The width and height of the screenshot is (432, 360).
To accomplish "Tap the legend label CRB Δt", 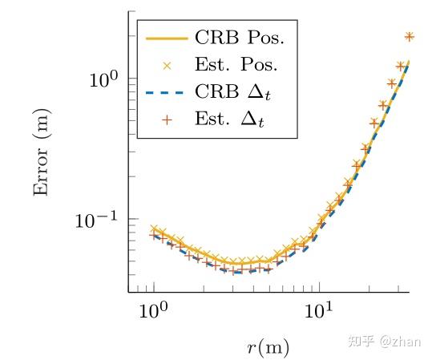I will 236,92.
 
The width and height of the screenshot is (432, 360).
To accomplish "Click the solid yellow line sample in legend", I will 166,38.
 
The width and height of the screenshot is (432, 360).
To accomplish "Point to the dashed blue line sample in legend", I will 166,92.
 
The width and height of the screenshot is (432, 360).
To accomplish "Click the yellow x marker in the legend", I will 166,65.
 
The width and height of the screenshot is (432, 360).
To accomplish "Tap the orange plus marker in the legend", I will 166,119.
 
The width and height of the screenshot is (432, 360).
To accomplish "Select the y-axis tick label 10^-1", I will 96,219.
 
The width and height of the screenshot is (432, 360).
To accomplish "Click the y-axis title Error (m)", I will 43,150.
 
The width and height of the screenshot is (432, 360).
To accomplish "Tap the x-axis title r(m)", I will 268,346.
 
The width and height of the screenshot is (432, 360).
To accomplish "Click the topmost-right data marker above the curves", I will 409,36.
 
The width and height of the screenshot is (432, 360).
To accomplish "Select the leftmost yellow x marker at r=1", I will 154,229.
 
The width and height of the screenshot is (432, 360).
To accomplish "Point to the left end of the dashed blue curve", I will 152,236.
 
